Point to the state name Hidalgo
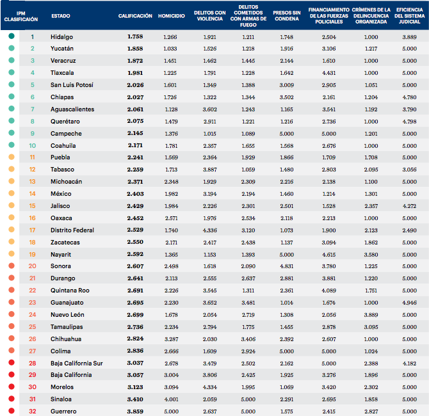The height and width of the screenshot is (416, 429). coord(61,36)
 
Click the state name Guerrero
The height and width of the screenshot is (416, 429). coord(63,411)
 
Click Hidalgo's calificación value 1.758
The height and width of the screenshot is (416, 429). coord(134,36)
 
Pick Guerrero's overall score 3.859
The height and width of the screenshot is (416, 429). coord(134,411)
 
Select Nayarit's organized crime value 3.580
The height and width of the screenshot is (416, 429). coord(371,254)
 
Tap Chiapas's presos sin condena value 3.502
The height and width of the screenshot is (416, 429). coord(286,97)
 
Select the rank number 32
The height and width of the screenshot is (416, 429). coord(32,411)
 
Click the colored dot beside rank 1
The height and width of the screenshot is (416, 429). coord(12,36)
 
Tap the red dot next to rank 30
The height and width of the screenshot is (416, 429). coord(12,387)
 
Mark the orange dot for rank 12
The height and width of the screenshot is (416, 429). coord(12,170)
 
